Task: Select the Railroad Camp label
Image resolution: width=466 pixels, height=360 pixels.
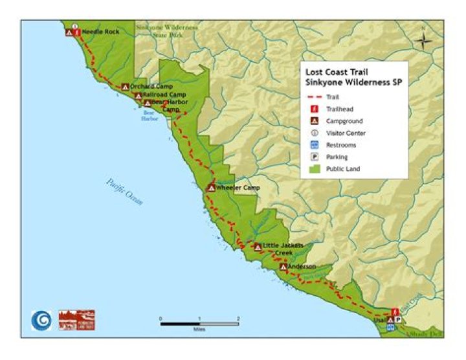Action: [x=159, y=95]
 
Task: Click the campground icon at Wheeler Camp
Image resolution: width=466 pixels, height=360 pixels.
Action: [x=211, y=188]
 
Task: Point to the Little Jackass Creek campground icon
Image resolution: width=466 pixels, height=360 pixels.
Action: [x=258, y=246]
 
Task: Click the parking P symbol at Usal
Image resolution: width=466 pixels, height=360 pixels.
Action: [x=399, y=320]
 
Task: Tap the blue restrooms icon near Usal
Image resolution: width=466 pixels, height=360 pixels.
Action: [x=390, y=328]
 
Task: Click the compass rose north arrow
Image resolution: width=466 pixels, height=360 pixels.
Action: [x=423, y=39]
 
